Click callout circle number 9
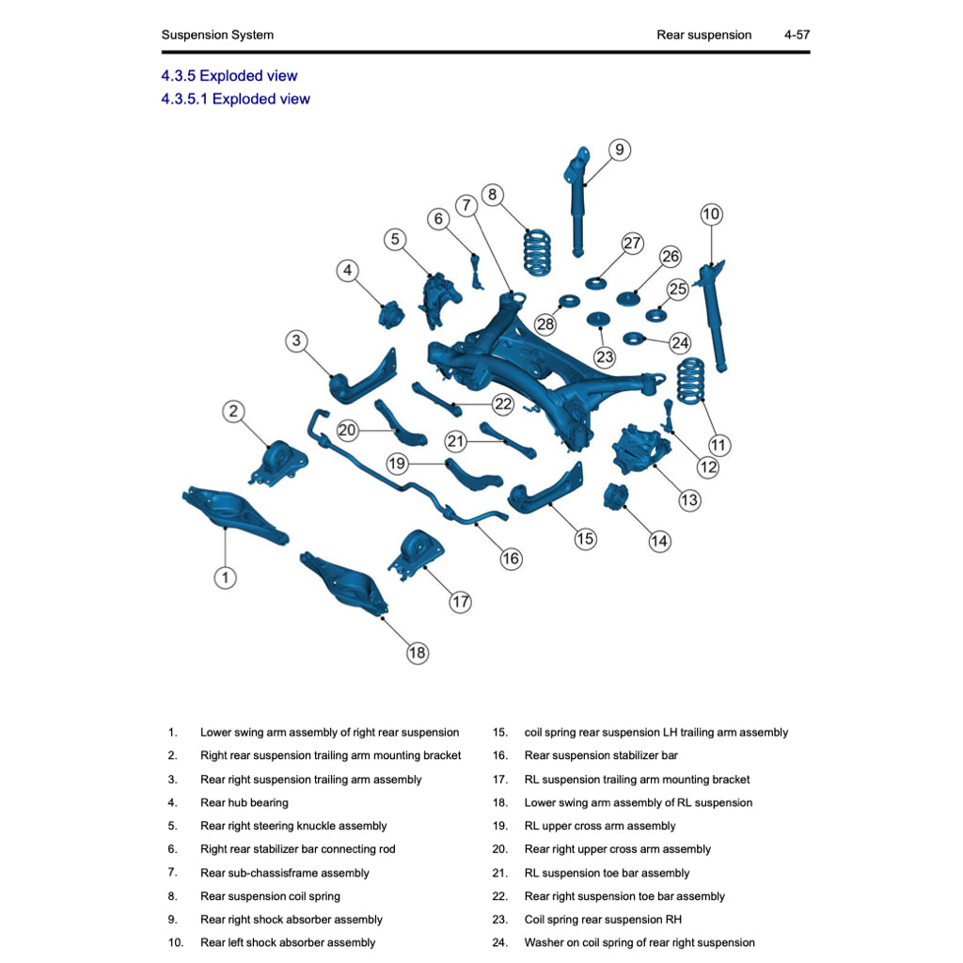tap(619, 150)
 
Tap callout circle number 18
tap(417, 653)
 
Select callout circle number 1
tap(225, 577)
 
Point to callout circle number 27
tap(632, 244)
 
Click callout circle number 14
tap(659, 541)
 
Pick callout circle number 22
tap(503, 403)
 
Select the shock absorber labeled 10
tap(714, 315)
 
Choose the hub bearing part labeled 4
tap(390, 314)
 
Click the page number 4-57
tap(797, 35)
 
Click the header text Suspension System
tap(217, 35)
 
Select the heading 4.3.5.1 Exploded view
tap(235, 99)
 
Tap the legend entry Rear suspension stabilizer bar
tap(600, 755)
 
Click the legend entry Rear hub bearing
tap(244, 802)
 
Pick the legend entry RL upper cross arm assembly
tap(599, 826)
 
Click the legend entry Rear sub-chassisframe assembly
tap(284, 873)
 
